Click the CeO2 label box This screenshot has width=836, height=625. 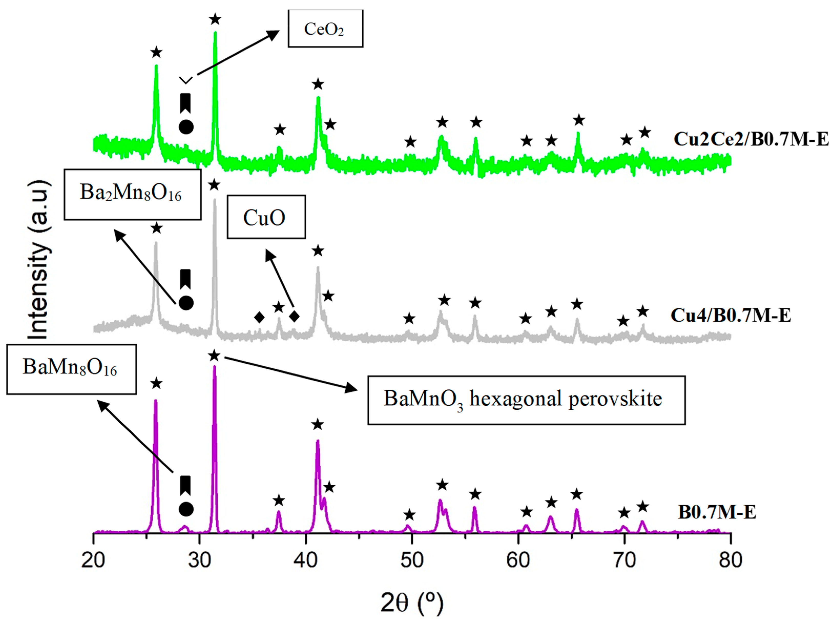point(325,29)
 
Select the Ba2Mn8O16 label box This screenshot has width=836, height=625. point(132,194)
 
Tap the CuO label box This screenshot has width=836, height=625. point(266,217)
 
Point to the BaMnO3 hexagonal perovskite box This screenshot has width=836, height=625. point(526,400)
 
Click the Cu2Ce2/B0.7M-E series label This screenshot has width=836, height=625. point(751,139)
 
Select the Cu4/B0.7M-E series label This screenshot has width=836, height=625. point(730,315)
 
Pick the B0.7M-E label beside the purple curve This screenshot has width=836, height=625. point(717,512)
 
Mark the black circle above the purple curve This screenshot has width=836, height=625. point(186,509)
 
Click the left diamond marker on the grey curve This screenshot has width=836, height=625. point(259,317)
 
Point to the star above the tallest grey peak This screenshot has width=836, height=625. point(214,185)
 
